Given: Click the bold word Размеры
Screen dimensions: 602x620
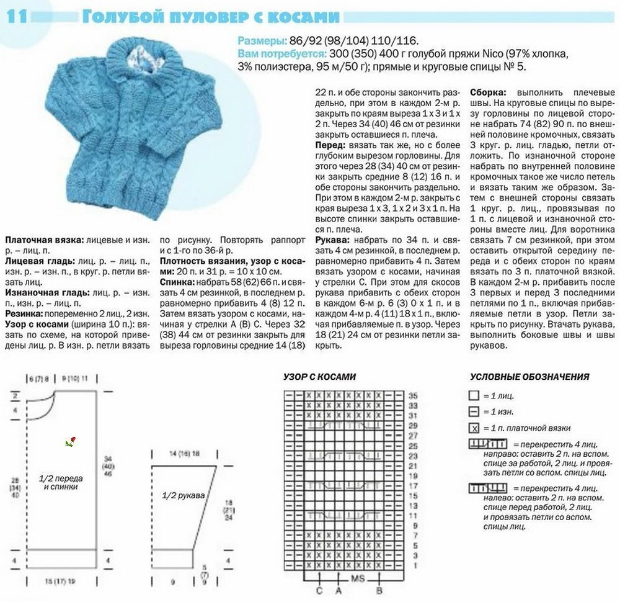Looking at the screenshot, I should [x=259, y=42].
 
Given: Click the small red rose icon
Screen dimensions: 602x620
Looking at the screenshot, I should [x=71, y=442].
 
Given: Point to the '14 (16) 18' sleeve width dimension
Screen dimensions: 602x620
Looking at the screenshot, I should [x=184, y=454].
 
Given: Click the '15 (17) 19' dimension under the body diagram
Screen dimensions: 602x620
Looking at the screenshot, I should [x=60, y=581].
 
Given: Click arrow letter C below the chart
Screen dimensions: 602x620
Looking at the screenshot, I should [x=319, y=590].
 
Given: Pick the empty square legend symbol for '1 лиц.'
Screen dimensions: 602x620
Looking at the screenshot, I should [x=474, y=395].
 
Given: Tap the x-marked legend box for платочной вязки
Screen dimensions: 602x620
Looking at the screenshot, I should [x=474, y=428].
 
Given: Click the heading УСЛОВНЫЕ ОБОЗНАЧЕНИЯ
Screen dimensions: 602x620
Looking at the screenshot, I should [x=529, y=377].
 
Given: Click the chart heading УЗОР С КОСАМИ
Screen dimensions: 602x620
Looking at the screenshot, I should [x=320, y=377].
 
